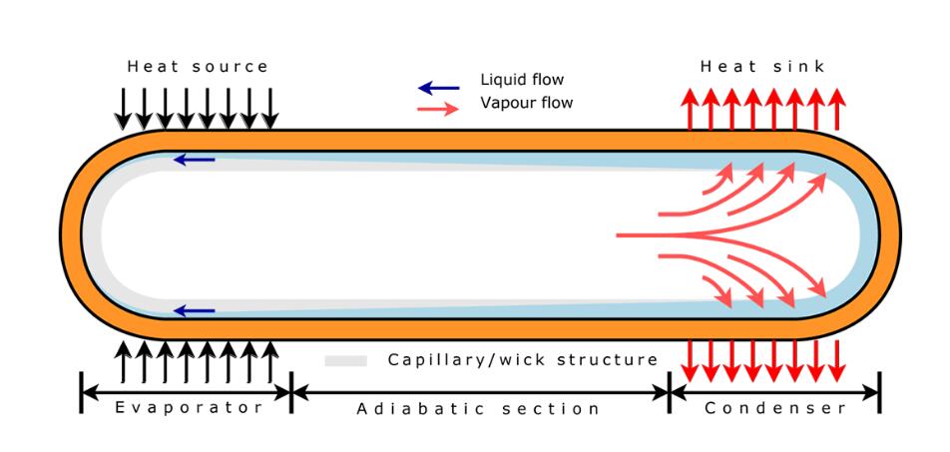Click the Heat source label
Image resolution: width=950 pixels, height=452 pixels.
[198, 67]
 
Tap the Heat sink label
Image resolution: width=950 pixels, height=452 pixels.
[762, 67]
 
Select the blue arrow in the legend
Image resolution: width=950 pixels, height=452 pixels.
[439, 88]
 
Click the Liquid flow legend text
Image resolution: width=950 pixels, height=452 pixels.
[523, 81]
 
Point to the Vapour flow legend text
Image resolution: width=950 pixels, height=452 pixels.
[527, 102]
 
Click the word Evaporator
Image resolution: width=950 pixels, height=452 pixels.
[189, 407]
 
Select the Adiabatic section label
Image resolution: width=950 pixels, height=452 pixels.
[478, 408]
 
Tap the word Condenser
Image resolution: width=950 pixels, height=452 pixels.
[775, 408]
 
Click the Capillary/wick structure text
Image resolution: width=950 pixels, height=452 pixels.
[523, 359]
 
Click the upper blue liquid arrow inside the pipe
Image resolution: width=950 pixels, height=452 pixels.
[194, 159]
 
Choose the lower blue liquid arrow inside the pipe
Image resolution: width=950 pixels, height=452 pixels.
[194, 311]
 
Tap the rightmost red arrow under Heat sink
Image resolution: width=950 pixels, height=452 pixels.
[837, 109]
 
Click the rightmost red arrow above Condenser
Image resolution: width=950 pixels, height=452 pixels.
[837, 361]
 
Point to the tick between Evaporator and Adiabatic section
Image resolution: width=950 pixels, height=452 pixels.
[290, 393]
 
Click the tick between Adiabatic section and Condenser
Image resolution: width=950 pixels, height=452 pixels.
[669, 393]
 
